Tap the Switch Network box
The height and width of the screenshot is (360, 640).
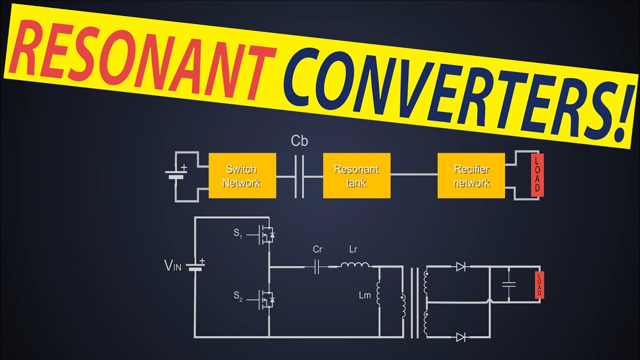[242, 175]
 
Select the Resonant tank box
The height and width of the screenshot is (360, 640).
[356, 175]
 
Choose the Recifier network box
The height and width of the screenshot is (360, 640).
[471, 175]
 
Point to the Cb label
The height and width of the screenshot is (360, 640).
[299, 141]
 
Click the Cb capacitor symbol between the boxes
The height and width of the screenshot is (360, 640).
[299, 176]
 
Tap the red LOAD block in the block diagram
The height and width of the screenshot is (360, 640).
[537, 175]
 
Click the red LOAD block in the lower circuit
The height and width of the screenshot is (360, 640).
[539, 285]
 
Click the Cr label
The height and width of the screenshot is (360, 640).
[317, 249]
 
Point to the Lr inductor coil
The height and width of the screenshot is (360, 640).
[355, 265]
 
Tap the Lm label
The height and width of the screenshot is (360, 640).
[365, 295]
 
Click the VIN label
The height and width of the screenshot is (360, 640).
[173, 265]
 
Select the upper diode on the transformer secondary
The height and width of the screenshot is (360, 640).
[460, 267]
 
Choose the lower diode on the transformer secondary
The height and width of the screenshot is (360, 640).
[460, 337]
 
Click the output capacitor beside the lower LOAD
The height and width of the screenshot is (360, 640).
[509, 284]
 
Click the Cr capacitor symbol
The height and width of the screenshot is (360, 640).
[316, 267]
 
